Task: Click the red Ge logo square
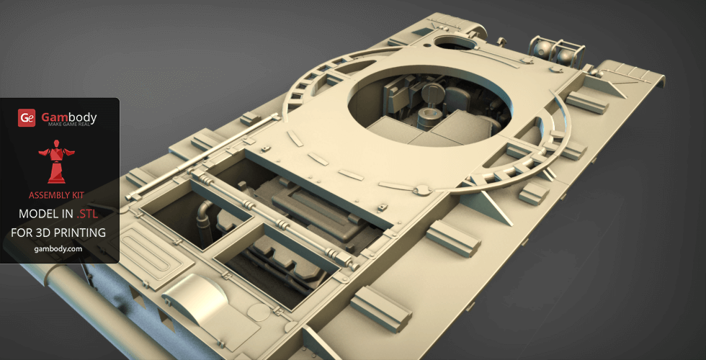27,118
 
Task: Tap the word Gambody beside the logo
69,117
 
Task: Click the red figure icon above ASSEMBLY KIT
57,161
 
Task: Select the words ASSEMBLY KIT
56,195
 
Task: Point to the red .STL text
87,215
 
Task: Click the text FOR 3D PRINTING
58,233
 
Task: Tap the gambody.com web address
58,249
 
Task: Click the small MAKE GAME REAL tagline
69,123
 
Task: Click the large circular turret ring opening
429,110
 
